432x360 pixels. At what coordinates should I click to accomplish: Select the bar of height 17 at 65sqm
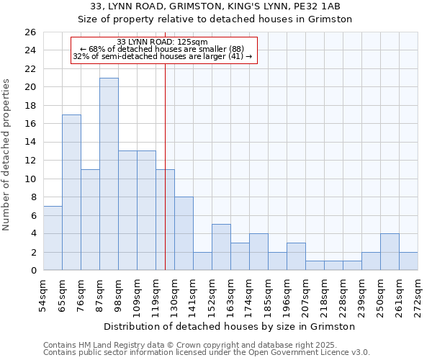71,192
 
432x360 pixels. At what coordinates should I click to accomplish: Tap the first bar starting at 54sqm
53,238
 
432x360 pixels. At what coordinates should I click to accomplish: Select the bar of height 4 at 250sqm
390,252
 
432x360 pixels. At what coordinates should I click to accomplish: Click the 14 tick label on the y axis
29,143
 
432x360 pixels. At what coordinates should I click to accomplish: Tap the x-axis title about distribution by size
230,327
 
